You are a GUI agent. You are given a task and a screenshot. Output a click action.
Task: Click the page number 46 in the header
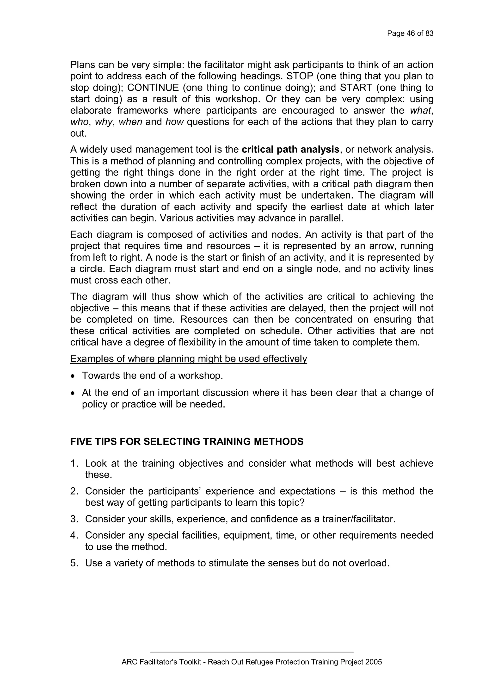[x=411, y=34]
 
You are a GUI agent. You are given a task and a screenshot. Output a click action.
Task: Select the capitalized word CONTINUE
[x=153, y=88]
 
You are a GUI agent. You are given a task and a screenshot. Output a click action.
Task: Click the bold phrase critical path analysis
[x=290, y=150]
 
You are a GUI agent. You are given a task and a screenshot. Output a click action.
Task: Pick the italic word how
[x=174, y=122]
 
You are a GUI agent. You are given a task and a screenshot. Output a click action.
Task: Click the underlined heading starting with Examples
[x=188, y=359]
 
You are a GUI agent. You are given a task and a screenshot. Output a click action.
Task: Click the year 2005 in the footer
[x=374, y=662]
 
